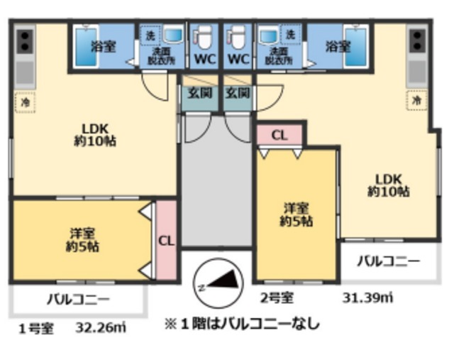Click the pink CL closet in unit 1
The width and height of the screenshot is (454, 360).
coord(166,240)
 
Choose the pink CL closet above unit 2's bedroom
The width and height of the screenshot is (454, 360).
coord(279,135)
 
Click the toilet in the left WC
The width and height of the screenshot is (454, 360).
coord(203,36)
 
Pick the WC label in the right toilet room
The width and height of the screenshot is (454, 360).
coord(239,58)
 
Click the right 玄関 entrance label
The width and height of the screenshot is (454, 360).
coord(237,92)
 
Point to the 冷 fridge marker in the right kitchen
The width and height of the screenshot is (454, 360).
coord(418,101)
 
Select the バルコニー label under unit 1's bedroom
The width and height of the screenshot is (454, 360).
coord(79,299)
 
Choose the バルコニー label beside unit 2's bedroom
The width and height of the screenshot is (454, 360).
coord(387,261)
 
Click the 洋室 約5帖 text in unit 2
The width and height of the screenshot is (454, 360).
coord(297,214)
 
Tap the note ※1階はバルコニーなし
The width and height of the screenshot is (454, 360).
coord(242,324)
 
